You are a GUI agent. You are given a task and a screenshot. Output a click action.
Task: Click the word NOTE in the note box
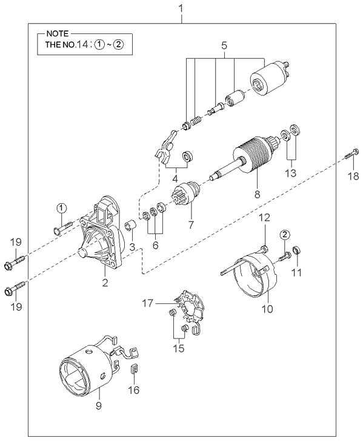pos(58,34)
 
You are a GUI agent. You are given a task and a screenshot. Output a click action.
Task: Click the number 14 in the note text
pos(84,44)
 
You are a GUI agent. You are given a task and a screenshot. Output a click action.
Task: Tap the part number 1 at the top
pos(181,8)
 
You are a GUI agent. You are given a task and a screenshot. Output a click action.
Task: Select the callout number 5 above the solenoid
pos(224,45)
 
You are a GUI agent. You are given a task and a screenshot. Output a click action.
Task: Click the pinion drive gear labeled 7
pos(185,193)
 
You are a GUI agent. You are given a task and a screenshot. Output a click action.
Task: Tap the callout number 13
pos(291,173)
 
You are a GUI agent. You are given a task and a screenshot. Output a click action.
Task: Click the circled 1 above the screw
pos(62,209)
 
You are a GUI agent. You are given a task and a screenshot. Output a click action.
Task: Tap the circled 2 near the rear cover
pos(285,234)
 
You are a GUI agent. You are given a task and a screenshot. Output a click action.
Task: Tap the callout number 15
pos(179,348)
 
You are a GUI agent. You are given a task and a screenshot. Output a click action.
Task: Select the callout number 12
pos(264,217)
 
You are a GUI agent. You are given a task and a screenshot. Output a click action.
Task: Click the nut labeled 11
pos(296,249)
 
